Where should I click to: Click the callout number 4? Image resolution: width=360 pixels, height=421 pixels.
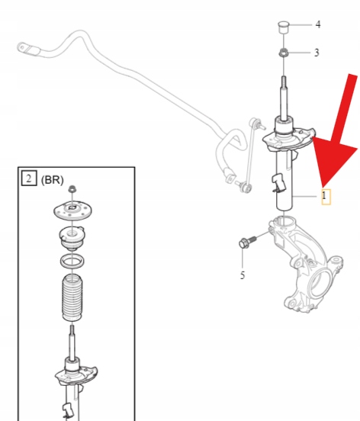(318, 24)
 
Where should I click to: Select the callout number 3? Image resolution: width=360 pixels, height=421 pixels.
(317, 53)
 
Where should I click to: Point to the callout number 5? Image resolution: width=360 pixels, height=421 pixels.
(243, 275)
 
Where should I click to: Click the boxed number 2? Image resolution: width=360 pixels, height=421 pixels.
(29, 178)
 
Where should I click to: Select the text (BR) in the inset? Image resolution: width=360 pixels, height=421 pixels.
(53, 180)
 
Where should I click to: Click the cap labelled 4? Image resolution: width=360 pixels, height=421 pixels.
(283, 27)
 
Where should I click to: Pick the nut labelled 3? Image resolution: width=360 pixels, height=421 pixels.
(283, 53)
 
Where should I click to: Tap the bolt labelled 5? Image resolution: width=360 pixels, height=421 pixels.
(248, 242)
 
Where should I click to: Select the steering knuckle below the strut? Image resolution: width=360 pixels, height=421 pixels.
(304, 263)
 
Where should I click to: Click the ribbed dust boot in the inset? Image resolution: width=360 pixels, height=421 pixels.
(72, 297)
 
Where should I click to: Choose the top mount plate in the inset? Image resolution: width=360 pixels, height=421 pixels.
(72, 210)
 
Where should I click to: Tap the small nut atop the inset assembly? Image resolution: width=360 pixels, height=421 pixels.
(72, 188)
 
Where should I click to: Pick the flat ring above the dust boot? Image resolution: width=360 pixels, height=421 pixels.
(72, 261)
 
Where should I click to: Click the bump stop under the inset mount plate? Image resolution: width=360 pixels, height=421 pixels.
(72, 238)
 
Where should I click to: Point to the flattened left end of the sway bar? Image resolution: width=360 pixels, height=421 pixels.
(28, 49)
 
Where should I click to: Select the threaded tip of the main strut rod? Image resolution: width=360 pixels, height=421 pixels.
(284, 81)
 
